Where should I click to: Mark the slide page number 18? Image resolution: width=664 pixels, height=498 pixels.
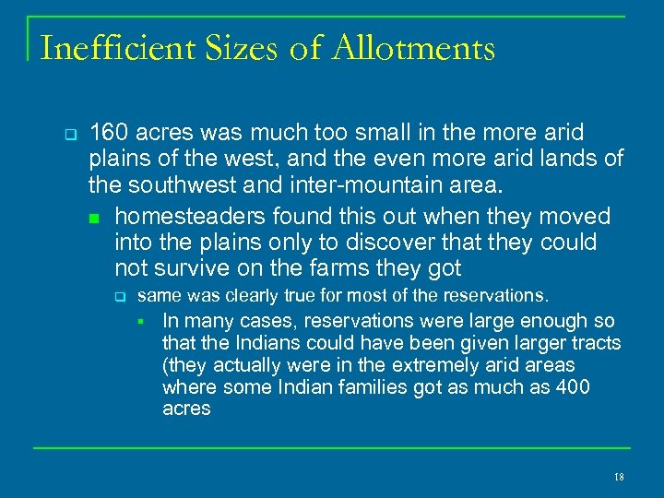click(618, 477)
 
